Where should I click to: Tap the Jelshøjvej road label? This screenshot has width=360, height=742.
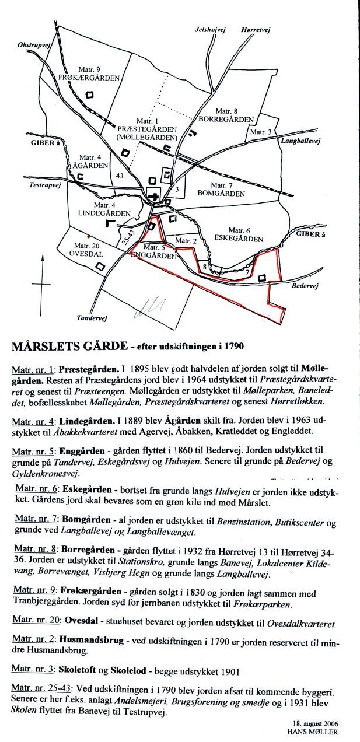210,29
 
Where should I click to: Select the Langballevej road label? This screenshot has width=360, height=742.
300,141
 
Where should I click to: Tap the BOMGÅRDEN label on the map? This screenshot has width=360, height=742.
218,192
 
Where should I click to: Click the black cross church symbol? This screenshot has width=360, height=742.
154,197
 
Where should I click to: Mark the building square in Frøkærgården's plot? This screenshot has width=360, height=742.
90,94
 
